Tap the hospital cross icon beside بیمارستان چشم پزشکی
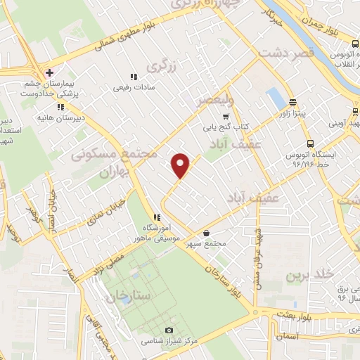[49, 72]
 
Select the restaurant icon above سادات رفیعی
[132, 77]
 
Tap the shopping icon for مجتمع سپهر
[205, 234]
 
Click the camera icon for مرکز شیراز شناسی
[168, 330]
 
